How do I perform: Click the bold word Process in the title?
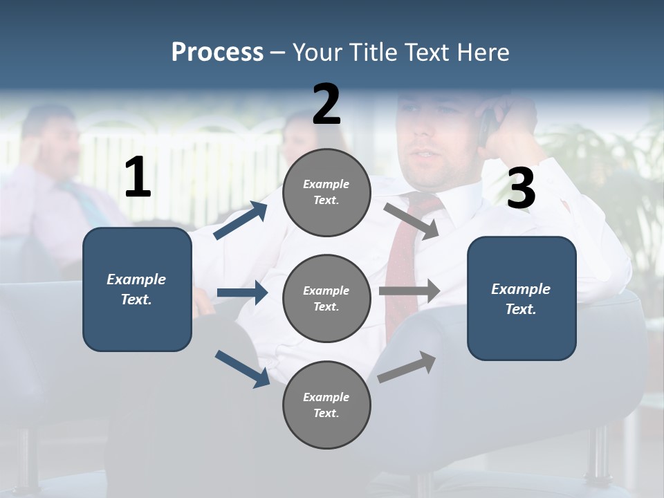tap(217, 53)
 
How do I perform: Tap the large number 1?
tap(138, 178)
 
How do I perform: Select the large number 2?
tap(326, 104)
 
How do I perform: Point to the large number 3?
tap(521, 188)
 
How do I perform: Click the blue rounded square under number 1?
tap(137, 289)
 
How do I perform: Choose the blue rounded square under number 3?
tap(522, 298)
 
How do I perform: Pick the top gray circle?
tap(326, 192)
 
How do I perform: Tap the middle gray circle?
tap(326, 298)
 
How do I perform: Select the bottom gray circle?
tap(326, 405)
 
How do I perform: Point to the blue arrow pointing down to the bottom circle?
tap(242, 368)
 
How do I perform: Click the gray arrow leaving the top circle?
tap(412, 221)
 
